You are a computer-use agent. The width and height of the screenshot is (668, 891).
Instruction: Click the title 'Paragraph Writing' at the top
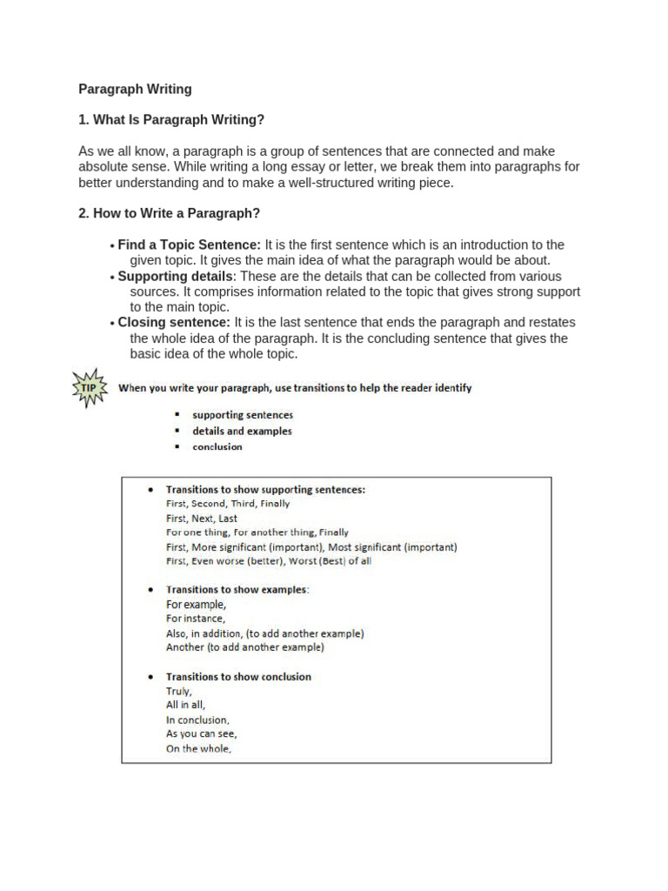coord(135,89)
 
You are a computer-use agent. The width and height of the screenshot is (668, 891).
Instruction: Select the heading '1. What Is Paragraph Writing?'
coord(170,119)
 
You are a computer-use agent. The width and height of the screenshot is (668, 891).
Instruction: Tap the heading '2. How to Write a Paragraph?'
coord(169,213)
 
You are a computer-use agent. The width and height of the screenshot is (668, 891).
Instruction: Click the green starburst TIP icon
coord(90,388)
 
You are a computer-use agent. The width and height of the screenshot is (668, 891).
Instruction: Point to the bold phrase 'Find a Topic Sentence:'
coord(189,245)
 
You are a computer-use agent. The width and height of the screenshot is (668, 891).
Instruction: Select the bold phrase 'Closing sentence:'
coord(174,323)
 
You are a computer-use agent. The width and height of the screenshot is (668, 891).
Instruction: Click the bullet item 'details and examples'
coord(242,431)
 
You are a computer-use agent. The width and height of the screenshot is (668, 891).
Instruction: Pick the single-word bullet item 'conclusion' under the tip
coord(217,447)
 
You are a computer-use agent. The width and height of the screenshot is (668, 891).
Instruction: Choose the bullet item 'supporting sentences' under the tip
coord(243,415)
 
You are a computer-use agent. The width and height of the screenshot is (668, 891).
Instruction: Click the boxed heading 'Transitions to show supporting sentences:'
coord(265,490)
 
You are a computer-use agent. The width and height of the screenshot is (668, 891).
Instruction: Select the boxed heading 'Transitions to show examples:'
coord(237,589)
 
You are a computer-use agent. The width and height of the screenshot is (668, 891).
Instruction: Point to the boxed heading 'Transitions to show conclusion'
coord(238,676)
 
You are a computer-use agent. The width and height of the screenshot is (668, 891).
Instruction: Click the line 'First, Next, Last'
coord(201,519)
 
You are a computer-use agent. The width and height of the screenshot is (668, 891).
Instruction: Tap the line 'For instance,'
coord(196,619)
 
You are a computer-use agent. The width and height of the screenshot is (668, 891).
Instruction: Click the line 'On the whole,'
coord(199,749)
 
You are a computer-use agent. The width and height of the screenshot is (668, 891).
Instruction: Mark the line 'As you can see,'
coord(202,734)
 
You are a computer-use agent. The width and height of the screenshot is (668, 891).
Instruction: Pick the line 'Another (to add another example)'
coord(244,647)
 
